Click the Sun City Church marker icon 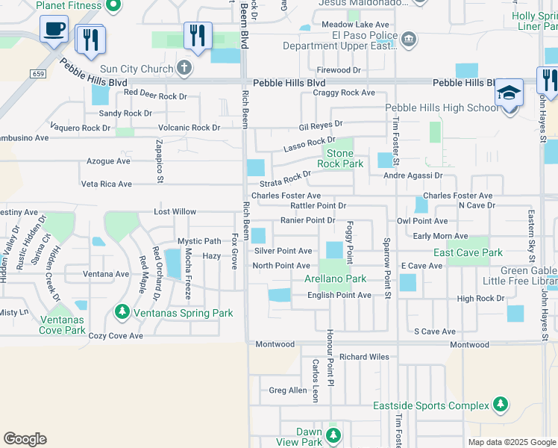[x=184, y=69]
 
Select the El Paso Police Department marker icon [x=408, y=39]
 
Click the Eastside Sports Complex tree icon [x=501, y=405]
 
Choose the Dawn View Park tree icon [x=333, y=434]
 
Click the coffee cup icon [x=54, y=31]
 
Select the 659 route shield [x=38, y=73]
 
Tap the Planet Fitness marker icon [x=113, y=6]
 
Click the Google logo [x=25, y=439]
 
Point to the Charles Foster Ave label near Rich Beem [x=286, y=196]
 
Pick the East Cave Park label [x=468, y=252]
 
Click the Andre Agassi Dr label [x=413, y=176]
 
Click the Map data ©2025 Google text [x=511, y=442]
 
